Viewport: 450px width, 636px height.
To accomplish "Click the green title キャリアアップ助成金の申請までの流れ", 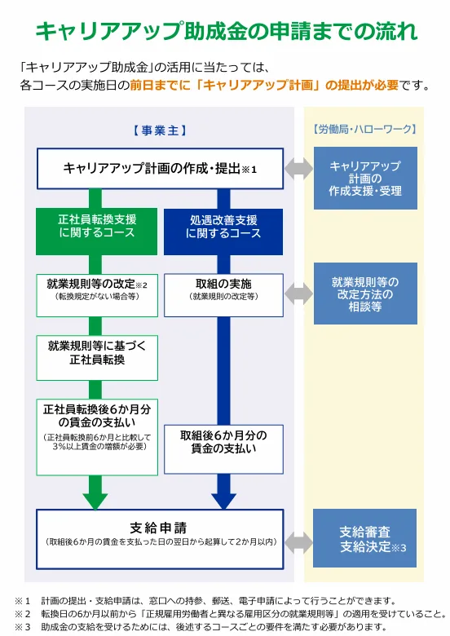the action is click(x=226, y=31).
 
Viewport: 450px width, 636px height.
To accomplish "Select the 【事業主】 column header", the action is click(x=160, y=130).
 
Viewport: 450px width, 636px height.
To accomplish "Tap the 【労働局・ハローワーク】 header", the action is click(x=365, y=130).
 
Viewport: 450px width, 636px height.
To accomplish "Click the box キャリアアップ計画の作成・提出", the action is click(x=160, y=168).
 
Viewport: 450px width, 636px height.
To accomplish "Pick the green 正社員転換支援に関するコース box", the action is click(x=96, y=232).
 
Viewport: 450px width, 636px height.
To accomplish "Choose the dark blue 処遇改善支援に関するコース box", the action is click(x=223, y=232).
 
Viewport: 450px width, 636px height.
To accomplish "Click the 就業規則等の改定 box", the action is click(x=97, y=295).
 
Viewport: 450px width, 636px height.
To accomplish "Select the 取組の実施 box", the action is click(x=223, y=295).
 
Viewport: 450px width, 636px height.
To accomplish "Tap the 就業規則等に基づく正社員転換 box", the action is click(x=97, y=358).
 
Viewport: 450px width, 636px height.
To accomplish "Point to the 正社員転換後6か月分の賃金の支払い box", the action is click(x=97, y=437).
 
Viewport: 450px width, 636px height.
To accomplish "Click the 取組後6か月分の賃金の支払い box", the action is click(x=223, y=449).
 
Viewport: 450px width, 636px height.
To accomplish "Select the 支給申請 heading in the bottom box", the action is click(x=158, y=528).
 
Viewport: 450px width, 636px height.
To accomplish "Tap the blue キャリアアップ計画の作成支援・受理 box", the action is click(x=365, y=178).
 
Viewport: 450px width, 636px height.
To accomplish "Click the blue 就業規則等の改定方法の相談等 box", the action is click(x=365, y=294).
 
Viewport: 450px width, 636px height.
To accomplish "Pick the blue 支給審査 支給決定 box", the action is click(x=365, y=538).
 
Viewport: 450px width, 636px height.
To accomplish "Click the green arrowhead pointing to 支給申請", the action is click(x=95, y=501).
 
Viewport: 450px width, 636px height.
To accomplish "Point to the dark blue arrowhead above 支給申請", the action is click(x=223, y=501).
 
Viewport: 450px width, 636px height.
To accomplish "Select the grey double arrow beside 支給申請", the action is click(x=298, y=543).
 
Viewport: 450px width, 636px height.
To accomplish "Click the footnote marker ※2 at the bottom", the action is click(x=23, y=614).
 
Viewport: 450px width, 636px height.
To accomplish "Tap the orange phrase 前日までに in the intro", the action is click(x=160, y=85).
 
